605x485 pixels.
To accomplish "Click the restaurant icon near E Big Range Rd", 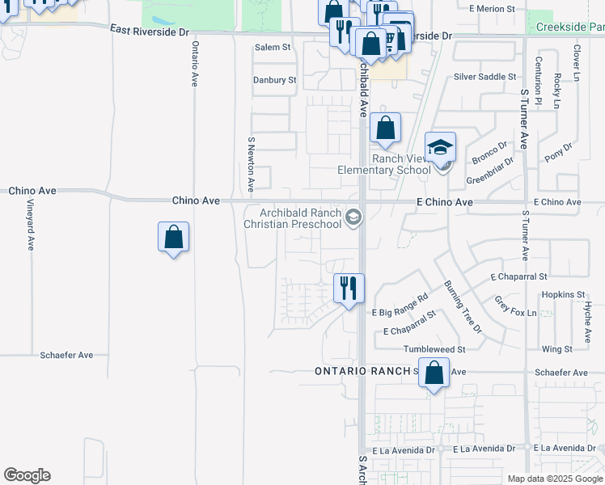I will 349,288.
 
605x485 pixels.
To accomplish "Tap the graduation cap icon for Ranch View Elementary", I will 441,147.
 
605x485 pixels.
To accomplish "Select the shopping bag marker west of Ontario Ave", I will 173,237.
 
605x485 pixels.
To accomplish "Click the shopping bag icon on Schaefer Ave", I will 434,373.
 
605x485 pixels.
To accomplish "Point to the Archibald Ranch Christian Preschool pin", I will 353,217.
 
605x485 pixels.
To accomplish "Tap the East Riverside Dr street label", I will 150,32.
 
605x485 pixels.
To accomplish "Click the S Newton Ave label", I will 252,164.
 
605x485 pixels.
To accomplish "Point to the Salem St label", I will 273,48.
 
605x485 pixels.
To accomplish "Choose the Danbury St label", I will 274,80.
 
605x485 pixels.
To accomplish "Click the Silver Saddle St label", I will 484,77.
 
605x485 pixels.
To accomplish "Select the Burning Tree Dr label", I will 462,307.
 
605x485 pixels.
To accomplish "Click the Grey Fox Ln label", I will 515,306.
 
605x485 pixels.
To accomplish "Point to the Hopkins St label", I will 564,294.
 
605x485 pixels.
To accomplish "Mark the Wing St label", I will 557,349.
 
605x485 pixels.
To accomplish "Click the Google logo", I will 27,475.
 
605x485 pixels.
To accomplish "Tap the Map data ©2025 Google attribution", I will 555,479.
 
